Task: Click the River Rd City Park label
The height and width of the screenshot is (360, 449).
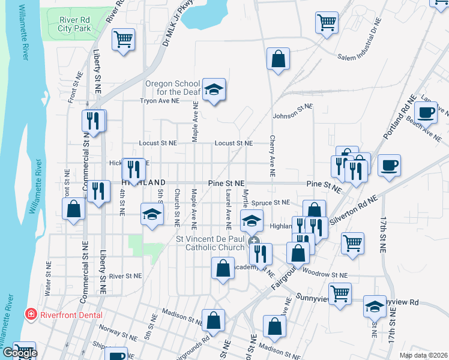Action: click(x=74, y=23)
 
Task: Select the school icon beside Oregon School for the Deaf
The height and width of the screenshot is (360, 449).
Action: click(x=213, y=90)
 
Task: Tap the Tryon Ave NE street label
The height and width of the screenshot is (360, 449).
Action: click(x=160, y=101)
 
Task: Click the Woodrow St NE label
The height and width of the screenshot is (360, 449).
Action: click(x=326, y=275)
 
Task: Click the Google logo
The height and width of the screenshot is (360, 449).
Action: click(x=19, y=353)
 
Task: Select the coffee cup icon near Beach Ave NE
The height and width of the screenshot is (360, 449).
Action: click(x=427, y=112)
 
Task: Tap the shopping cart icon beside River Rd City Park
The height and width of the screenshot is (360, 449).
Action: click(x=123, y=40)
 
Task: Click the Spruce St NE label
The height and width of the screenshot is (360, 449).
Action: click(x=270, y=203)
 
